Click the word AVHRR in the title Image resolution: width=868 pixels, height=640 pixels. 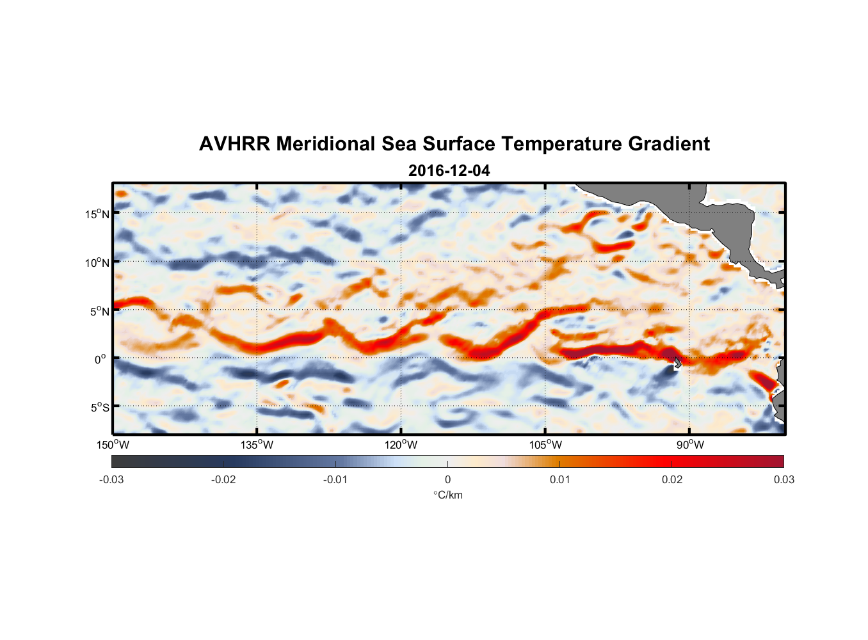[x=234, y=144]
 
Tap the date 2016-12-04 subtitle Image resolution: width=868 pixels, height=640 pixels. [x=449, y=171]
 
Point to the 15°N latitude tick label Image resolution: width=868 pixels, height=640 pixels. [x=97, y=214]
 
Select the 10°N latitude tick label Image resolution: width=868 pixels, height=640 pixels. [x=97, y=262]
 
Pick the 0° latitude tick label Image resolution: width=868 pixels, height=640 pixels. [x=100, y=360]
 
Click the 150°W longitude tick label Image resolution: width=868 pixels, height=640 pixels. [x=113, y=445]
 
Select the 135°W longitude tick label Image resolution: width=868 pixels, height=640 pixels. [x=257, y=445]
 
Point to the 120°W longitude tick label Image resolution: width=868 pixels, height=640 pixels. [x=401, y=445]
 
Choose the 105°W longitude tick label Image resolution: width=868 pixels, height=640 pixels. [x=545, y=445]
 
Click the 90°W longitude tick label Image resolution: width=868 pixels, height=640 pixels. [x=690, y=445]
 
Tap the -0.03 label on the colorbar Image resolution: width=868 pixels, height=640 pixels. [x=111, y=479]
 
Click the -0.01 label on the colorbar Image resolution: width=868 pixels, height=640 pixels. [x=335, y=479]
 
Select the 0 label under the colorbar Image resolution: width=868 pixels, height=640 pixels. [x=447, y=479]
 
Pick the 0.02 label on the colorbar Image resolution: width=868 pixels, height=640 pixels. [x=672, y=479]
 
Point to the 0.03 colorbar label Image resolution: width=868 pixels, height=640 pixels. [x=784, y=479]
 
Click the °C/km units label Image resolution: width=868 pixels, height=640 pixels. [x=448, y=495]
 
